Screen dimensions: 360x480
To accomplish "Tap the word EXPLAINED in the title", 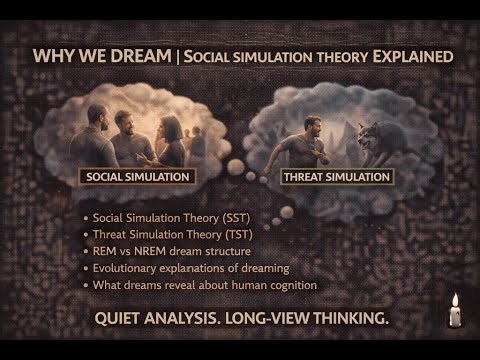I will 411,54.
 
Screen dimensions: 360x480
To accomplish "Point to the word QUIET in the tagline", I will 125,319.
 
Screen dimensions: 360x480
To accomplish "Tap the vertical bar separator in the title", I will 177,54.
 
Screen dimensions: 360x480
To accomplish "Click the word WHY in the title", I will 53,54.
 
